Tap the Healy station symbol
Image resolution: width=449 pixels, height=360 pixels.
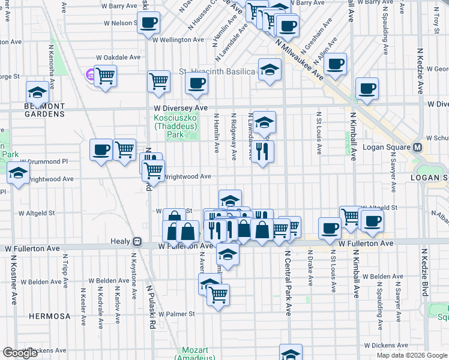point(137,242)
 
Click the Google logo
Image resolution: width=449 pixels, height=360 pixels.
point(20,353)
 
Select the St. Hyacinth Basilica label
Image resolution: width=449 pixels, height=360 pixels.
point(217,71)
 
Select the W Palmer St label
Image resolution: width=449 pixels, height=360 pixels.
point(174,314)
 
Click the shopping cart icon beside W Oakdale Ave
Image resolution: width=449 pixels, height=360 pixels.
point(105,76)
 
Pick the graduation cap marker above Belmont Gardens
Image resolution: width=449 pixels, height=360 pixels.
point(37,93)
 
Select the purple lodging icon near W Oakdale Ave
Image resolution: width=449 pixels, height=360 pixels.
point(91,75)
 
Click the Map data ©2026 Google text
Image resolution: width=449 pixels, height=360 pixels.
point(411,355)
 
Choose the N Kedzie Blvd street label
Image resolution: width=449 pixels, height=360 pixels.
point(425,272)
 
